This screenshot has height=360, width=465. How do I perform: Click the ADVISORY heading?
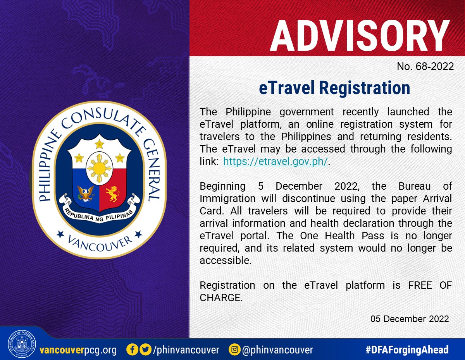coord(360,36)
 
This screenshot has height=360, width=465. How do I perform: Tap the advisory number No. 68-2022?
coord(425,67)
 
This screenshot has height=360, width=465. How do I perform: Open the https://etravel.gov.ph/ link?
coord(276,161)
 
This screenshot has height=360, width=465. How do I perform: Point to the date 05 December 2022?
coord(410,319)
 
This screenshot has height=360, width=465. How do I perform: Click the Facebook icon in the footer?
coord(132,350)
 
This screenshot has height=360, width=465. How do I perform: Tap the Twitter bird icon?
coord(146,350)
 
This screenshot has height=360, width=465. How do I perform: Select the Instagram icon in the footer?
coord(234,350)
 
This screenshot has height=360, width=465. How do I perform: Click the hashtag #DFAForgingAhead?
coord(407,350)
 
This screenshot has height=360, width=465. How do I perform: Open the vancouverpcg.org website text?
coord(78,350)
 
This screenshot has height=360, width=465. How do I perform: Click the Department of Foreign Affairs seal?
coord(22,344)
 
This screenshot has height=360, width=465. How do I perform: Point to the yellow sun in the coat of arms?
coord(99,168)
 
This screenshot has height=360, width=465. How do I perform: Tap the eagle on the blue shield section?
coord(86,194)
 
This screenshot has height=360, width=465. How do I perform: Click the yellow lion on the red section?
coord(113,194)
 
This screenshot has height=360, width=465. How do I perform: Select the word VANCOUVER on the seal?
coord(100,243)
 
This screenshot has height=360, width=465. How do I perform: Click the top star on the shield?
coord(100,144)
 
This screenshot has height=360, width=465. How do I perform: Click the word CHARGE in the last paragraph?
coord(221,298)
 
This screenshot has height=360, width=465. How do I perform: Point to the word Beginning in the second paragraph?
coord(222,187)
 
